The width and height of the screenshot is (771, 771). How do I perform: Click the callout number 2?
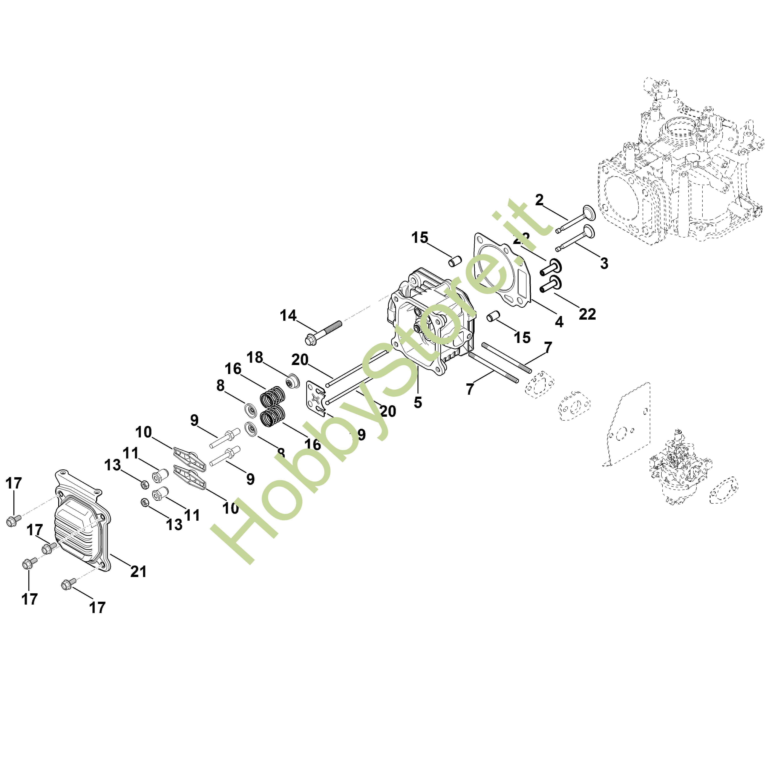click(x=539, y=200)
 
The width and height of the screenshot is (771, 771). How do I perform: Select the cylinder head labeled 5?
click(x=431, y=323)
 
